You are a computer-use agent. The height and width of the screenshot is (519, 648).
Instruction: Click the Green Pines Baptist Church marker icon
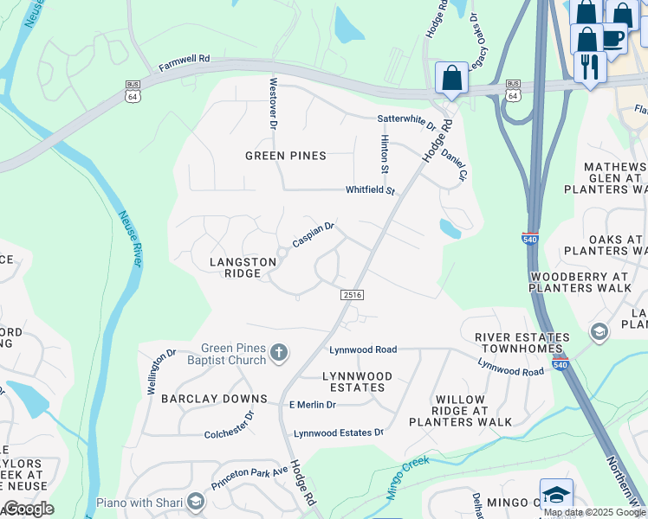[278, 352]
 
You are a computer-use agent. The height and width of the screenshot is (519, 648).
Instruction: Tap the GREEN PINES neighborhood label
[285, 156]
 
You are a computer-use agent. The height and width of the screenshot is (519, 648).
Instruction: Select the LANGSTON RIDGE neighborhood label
[236, 267]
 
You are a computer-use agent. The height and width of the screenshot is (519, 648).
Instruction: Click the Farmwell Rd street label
[185, 67]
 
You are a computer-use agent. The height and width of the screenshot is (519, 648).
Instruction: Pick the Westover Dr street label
[273, 104]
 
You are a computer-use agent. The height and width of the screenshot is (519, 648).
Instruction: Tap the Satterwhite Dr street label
[405, 119]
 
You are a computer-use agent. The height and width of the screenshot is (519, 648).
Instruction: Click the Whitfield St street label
[370, 190]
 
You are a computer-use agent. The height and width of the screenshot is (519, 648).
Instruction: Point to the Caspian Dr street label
[313, 234]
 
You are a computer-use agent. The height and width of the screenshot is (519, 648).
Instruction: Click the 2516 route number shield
[352, 295]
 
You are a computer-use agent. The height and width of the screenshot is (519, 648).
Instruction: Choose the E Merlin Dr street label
[312, 405]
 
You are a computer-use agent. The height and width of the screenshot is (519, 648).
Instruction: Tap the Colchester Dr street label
[230, 426]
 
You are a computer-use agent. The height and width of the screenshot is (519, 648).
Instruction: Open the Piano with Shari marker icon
[196, 502]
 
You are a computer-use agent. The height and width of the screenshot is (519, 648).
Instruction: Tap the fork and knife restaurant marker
[590, 66]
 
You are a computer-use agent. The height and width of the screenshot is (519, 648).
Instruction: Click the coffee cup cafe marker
[612, 40]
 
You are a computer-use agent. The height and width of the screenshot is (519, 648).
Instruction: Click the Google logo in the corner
[28, 509]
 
